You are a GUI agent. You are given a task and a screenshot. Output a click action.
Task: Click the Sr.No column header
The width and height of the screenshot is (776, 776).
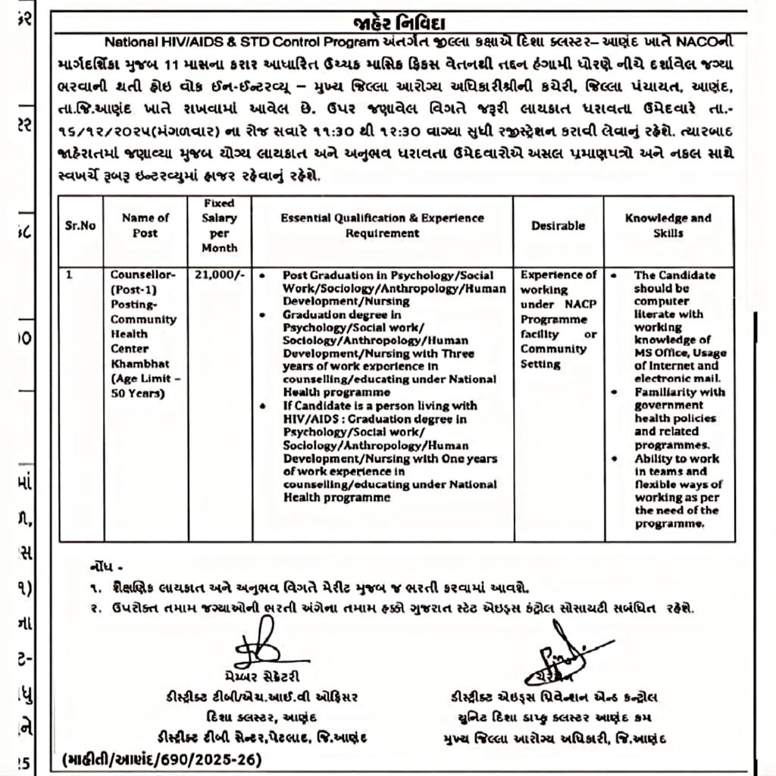[x=80, y=225]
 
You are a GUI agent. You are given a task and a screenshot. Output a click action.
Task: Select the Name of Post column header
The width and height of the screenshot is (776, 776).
[x=145, y=225]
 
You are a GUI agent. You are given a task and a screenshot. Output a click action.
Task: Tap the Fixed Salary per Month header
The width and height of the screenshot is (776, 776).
[x=219, y=225]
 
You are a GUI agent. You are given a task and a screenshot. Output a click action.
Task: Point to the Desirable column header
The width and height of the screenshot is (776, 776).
[x=558, y=225]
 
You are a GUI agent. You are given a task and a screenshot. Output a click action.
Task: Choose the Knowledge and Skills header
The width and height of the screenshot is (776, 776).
[x=668, y=225]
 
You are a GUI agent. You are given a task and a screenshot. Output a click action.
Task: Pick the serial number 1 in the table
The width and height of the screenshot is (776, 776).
[x=69, y=276]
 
